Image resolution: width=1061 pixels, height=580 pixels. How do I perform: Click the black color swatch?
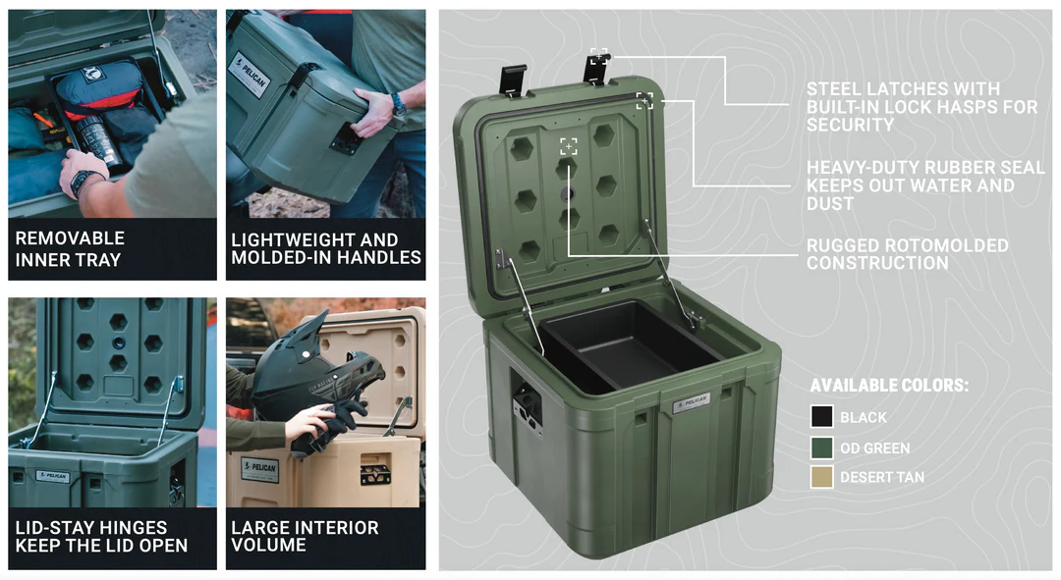pos(821,417)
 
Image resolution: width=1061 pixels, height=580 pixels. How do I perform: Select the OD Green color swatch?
pos(821,448)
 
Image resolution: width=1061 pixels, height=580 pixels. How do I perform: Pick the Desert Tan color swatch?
pos(821,477)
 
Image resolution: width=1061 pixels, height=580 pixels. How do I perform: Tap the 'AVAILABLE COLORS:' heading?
pos(888,386)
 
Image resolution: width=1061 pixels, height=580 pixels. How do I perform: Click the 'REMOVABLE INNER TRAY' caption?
pos(69,249)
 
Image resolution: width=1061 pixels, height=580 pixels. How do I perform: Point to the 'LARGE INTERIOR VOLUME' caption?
pos(305,536)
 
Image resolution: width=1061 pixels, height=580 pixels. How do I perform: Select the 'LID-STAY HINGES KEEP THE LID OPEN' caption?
pos(101,536)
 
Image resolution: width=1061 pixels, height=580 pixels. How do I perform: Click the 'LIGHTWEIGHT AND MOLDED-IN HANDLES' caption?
pos(326,249)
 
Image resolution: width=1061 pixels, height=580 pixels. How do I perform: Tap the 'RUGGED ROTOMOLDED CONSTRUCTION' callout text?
pos(907,254)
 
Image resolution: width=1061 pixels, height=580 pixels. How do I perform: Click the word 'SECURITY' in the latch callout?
pos(850,125)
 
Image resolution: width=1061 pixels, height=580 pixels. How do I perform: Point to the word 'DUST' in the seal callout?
pos(830,203)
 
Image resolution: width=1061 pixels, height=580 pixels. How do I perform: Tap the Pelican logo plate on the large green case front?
pos(691,402)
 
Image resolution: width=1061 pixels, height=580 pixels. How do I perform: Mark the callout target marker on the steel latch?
pos(598,56)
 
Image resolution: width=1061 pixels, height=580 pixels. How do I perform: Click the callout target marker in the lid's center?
pos(568,146)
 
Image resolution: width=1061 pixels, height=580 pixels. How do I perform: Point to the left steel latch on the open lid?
pos(512,79)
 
